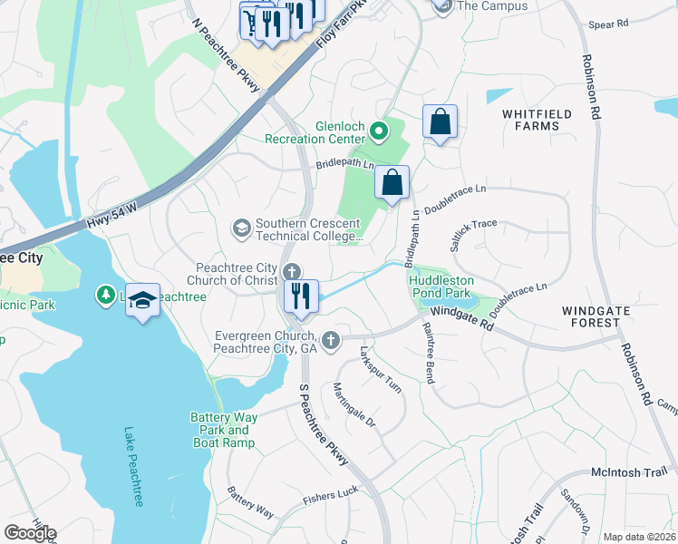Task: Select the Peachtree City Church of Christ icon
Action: tap(292, 271)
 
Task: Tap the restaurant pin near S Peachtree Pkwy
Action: tap(301, 297)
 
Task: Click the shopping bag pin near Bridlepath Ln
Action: tap(392, 184)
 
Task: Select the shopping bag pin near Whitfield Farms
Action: tap(440, 122)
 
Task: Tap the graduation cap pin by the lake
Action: tap(142, 300)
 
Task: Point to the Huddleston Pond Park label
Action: tap(439, 287)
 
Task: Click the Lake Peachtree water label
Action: tap(134, 466)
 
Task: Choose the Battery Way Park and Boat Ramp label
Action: tap(224, 430)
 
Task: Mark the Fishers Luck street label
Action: tap(330, 494)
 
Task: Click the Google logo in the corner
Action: tap(30, 533)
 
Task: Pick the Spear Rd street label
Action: tap(607, 25)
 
